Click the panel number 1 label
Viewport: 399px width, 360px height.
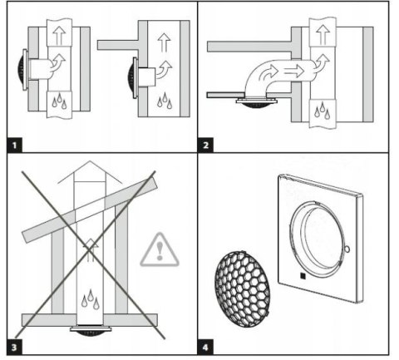point(14,145)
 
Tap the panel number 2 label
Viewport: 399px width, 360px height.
point(205,145)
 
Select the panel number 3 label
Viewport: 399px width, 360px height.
point(14,348)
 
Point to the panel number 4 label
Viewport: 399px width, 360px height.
point(205,348)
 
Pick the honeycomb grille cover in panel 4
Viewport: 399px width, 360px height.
point(242,289)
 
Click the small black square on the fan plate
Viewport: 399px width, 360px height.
point(303,276)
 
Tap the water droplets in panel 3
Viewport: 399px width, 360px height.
point(91,299)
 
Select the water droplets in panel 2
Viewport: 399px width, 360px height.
point(323,111)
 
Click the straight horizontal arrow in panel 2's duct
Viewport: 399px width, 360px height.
point(294,71)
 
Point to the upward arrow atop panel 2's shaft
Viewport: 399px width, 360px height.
point(323,34)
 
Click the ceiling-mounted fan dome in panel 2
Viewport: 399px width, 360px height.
point(255,104)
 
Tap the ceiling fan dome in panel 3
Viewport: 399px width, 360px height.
point(91,331)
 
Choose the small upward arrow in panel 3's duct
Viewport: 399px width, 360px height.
point(91,250)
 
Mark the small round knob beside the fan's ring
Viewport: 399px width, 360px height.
point(347,249)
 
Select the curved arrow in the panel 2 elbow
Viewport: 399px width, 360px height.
point(268,73)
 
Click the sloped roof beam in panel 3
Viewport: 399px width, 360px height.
point(90,210)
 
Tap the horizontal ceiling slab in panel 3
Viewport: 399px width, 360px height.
point(90,320)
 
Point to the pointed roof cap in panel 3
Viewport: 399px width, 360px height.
point(90,172)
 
